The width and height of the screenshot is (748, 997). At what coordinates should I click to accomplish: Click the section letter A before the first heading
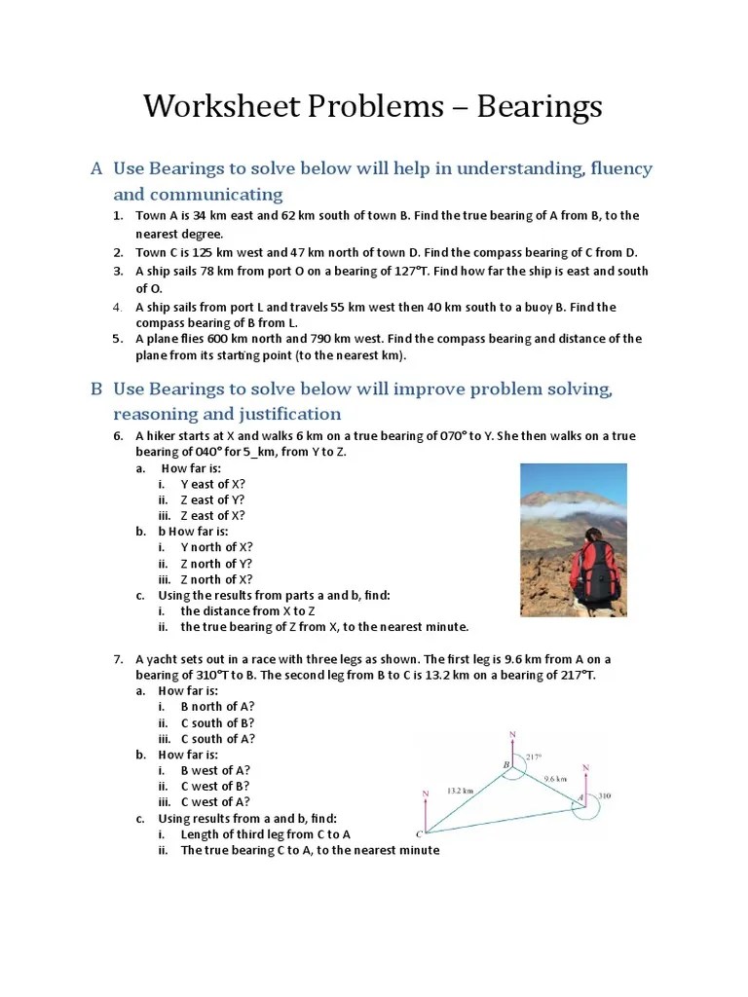click(x=96, y=169)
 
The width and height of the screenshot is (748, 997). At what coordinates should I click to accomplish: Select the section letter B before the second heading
click(x=96, y=389)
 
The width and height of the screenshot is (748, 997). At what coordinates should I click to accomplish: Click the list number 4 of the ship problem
click(x=116, y=307)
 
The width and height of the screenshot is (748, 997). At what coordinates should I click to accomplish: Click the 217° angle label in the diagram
click(x=533, y=757)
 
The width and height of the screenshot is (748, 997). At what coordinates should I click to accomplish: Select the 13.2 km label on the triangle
click(x=461, y=791)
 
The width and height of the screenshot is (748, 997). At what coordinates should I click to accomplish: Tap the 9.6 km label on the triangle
click(x=555, y=778)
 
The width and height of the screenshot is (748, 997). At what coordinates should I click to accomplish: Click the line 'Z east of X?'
click(x=212, y=515)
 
